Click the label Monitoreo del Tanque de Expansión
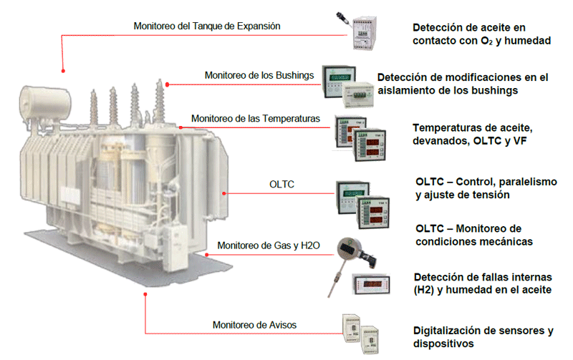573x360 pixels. click(206, 26)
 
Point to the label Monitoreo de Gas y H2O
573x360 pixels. click(268, 245)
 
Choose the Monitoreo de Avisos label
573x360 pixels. click(254, 325)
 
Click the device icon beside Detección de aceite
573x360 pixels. click(364, 31)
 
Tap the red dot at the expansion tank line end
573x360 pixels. click(64, 70)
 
